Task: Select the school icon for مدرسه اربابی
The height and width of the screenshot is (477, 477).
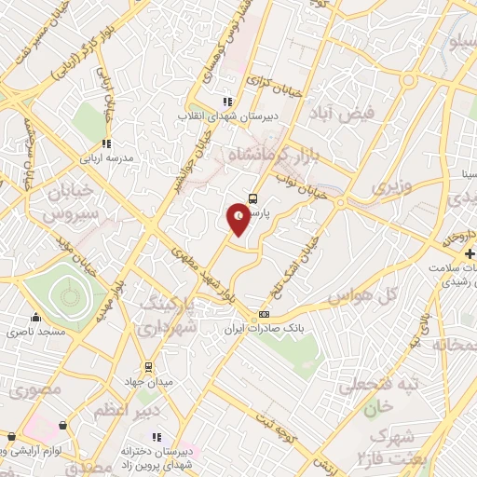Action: click(x=106, y=144)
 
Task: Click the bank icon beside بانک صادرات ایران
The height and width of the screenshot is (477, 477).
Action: click(x=264, y=314)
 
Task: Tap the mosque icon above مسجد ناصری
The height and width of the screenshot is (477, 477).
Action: click(x=35, y=317)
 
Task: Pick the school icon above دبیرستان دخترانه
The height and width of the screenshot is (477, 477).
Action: click(x=156, y=437)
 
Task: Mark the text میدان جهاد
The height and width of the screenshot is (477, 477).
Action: click(x=147, y=383)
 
